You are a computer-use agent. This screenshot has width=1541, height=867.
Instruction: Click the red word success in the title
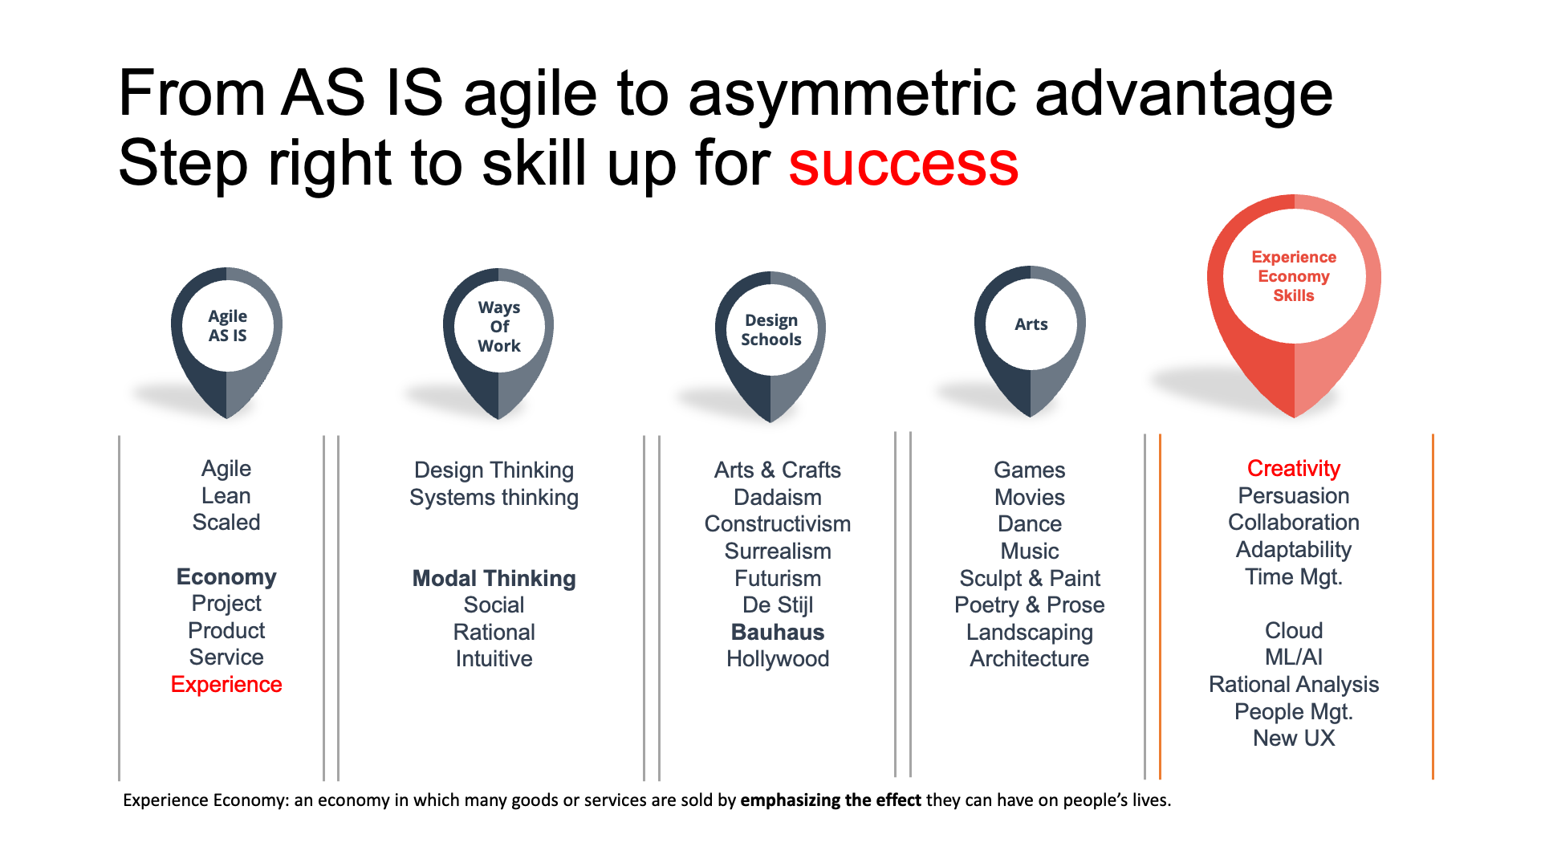click(x=903, y=164)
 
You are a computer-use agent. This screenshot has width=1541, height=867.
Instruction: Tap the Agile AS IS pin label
click(x=228, y=326)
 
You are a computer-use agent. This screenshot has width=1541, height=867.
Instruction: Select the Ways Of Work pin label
click(x=499, y=327)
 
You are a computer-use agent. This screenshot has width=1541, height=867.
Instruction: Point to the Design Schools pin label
click(x=771, y=330)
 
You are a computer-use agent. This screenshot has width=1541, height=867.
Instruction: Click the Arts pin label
click(x=1031, y=324)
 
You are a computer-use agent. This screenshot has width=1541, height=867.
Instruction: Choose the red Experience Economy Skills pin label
click(x=1294, y=276)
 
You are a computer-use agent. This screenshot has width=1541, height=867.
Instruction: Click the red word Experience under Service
click(x=226, y=685)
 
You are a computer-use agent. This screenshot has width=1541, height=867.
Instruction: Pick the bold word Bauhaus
click(x=778, y=633)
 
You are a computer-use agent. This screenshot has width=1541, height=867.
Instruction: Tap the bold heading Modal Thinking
click(x=494, y=579)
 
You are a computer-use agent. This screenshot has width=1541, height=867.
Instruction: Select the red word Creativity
click(x=1294, y=469)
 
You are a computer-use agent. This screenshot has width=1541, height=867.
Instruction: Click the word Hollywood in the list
click(x=778, y=659)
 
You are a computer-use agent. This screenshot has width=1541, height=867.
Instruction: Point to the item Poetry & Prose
click(x=1030, y=605)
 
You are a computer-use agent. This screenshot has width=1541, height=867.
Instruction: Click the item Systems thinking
click(x=494, y=498)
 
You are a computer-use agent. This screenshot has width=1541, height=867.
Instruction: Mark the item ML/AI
click(x=1294, y=657)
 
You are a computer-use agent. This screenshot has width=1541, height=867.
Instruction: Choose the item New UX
click(x=1294, y=739)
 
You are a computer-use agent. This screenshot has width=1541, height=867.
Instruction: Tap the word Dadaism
click(x=778, y=498)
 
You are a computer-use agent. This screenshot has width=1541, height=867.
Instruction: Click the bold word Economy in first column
click(x=226, y=577)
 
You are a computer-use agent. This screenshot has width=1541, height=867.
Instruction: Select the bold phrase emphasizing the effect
click(x=831, y=800)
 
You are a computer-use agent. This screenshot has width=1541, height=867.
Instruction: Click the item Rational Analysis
click(x=1294, y=685)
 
